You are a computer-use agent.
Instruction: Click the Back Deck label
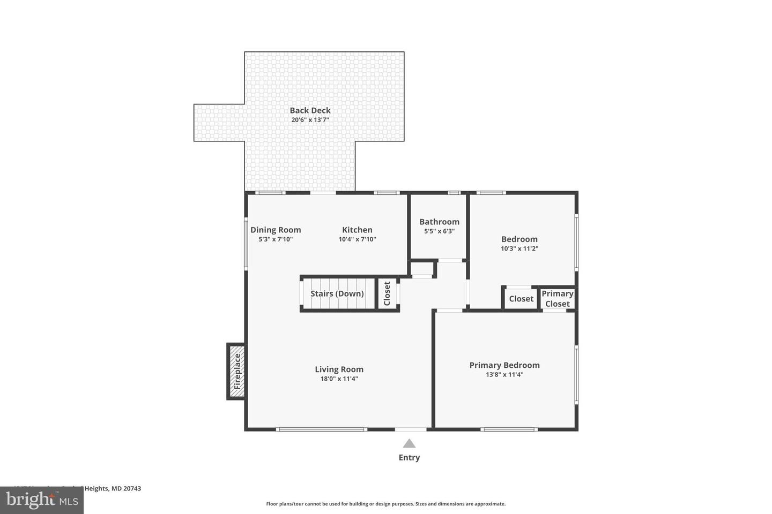(x=310, y=110)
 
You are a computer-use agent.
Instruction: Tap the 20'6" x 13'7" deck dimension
(x=310, y=120)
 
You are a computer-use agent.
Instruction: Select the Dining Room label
(x=276, y=230)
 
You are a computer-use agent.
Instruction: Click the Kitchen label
(x=357, y=230)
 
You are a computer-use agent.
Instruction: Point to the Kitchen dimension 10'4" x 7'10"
(x=357, y=239)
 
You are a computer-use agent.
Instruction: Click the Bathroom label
(x=439, y=222)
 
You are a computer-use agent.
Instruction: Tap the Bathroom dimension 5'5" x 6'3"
(x=439, y=231)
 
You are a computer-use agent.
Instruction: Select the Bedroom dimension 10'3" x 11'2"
(x=519, y=248)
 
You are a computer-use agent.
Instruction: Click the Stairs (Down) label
(x=337, y=293)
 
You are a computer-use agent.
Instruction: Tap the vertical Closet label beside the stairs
(x=387, y=293)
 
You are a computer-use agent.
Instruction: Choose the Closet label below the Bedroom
(x=521, y=299)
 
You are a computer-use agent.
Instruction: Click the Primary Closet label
(x=557, y=299)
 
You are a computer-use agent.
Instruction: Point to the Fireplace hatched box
(x=237, y=372)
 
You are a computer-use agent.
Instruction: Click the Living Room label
(x=339, y=369)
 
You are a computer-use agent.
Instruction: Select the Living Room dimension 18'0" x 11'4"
(x=339, y=379)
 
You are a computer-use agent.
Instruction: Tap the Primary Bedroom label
(x=504, y=365)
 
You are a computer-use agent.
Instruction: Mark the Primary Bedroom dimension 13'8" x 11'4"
(x=504, y=375)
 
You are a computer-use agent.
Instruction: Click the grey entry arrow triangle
(x=409, y=443)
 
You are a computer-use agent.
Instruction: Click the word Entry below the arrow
(x=409, y=457)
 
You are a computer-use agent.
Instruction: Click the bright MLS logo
(x=41, y=500)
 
